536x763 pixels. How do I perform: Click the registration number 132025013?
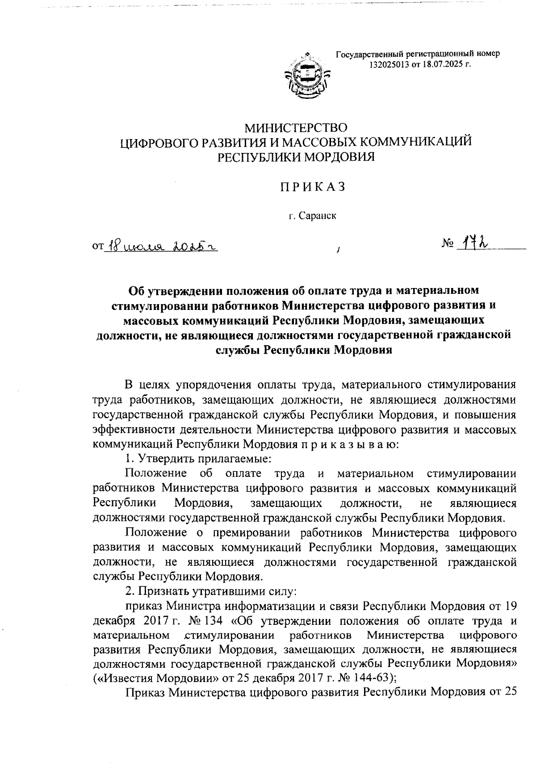pos(389,65)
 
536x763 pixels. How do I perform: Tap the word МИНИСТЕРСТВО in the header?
pos(297,128)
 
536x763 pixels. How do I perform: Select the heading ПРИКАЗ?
pos(313,187)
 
